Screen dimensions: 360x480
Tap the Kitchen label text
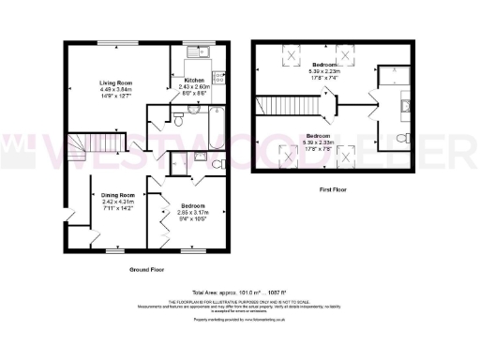[194, 80]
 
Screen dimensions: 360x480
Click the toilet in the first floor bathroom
[401, 140]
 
